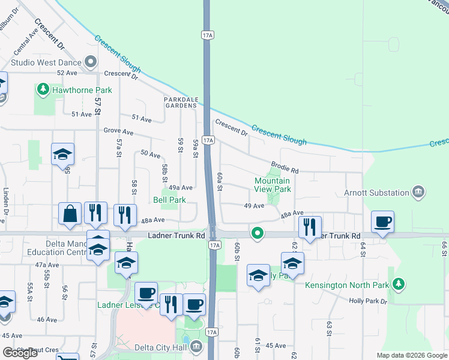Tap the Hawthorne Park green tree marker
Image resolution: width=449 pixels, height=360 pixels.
pos(43,90)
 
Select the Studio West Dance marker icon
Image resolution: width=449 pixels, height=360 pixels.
pos(91,61)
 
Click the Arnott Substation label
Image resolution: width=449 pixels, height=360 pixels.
pos(376,193)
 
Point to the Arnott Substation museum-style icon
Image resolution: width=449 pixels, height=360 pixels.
pos(418,193)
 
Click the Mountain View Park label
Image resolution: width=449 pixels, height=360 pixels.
pos(273,185)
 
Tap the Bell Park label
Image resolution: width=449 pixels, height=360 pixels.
pos(169,200)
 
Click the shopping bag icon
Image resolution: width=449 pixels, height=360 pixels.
pos(70,214)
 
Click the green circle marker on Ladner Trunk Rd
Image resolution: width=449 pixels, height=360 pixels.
pos(258,233)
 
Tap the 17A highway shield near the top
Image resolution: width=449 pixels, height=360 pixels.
pos(208,36)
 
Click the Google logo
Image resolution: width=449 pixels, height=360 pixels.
pos(20,353)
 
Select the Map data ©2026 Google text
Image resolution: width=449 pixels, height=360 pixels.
pos(412,355)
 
